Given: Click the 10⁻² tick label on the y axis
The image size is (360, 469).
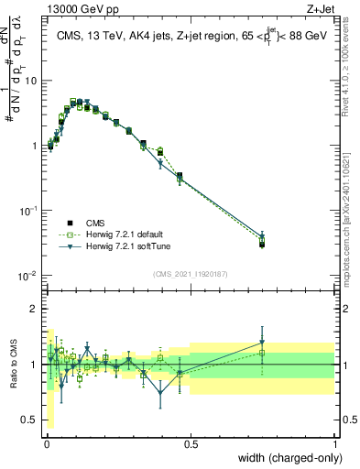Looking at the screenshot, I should (x=28, y=275).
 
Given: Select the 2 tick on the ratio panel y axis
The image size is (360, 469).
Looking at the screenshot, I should (x=35, y=309).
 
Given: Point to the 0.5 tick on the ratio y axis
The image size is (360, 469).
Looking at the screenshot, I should (x=30, y=420).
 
